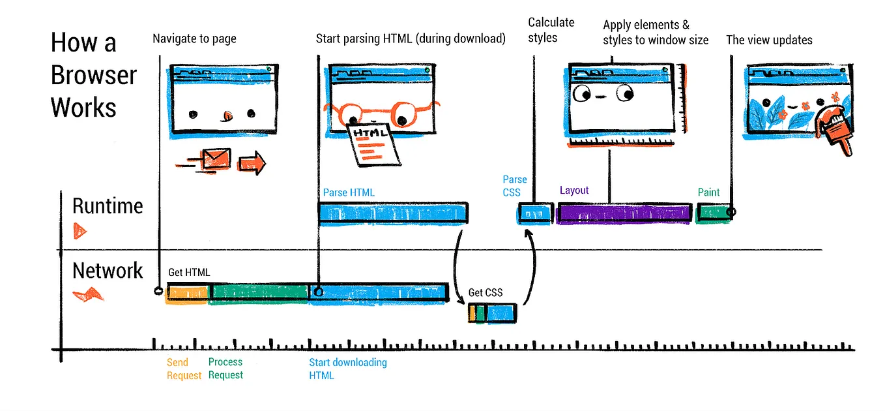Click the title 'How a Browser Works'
click(93, 75)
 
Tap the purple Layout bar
click(624, 213)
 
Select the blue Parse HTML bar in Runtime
click(393, 213)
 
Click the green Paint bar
click(712, 213)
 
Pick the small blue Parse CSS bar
click(535, 213)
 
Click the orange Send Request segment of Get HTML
click(188, 293)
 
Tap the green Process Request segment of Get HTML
click(259, 292)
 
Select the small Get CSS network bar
click(493, 313)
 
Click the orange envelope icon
click(216, 159)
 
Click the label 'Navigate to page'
click(194, 38)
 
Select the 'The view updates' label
click(769, 40)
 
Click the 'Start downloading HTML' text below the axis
click(347, 369)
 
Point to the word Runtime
click(108, 206)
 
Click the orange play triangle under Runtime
click(80, 231)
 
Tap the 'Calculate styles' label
click(551, 30)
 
